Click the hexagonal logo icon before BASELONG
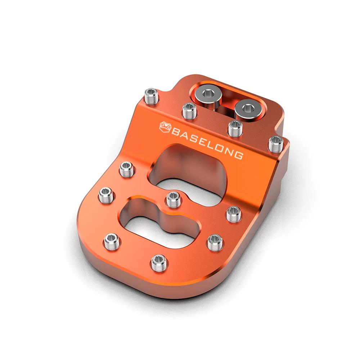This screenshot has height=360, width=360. click(x=166, y=127)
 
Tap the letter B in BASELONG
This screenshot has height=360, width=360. click(x=176, y=133)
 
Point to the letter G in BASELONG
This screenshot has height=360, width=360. click(x=239, y=155)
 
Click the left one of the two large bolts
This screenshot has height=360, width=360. click(x=208, y=94)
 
